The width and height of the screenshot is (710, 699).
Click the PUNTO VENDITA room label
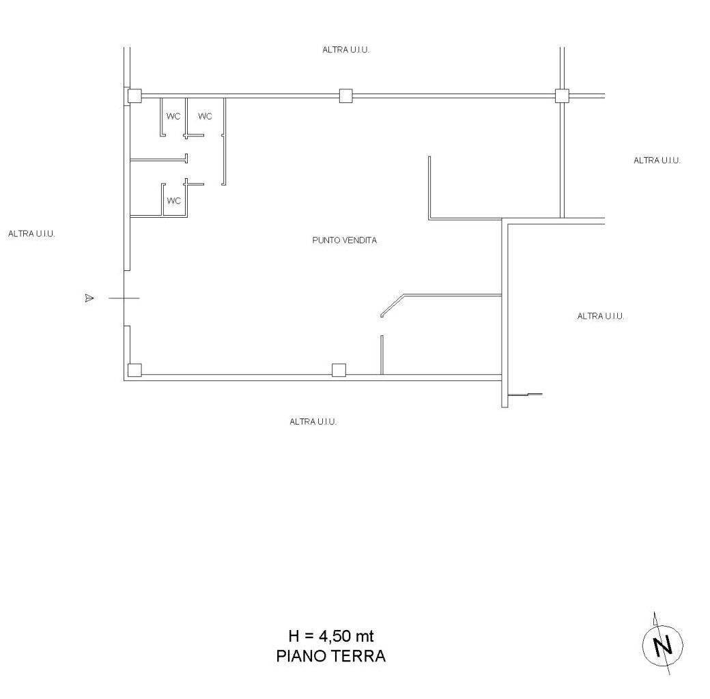point(345,240)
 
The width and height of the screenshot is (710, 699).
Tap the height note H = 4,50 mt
point(331,636)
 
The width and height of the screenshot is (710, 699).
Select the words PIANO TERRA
point(331,656)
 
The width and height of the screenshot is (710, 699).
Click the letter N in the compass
point(663,646)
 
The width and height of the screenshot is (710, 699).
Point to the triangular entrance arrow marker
point(89,298)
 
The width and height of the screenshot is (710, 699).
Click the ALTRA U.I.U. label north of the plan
point(346,50)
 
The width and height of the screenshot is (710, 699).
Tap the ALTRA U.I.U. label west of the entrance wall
point(31,234)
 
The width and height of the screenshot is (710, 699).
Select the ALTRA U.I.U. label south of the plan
point(313,422)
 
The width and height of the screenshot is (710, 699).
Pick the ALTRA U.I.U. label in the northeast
point(657,160)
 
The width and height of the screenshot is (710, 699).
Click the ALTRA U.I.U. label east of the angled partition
point(601,316)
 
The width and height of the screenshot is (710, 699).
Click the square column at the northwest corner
point(134,96)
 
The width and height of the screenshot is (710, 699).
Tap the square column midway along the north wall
point(346,96)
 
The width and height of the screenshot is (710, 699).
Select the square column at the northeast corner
point(562,96)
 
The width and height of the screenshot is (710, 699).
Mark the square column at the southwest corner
point(134,371)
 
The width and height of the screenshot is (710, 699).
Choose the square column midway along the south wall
point(339,371)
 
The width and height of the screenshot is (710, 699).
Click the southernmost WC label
point(174,201)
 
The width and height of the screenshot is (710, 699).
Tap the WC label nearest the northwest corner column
point(173,116)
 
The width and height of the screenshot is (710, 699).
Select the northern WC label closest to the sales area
point(205,116)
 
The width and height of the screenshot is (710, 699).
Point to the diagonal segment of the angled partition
point(392,305)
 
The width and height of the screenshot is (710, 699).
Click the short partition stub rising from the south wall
point(382,356)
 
